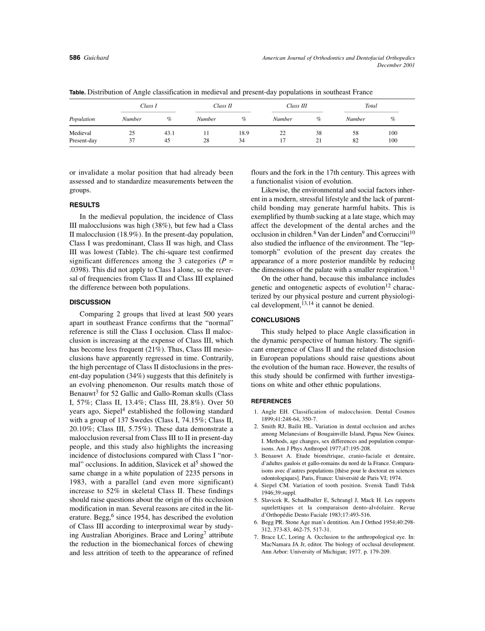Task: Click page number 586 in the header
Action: pyautogui.click(x=75, y=58)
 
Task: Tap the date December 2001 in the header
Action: pyautogui.click(x=396, y=65)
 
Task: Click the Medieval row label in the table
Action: pyautogui.click(x=80, y=133)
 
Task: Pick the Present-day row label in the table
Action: pyautogui.click(x=83, y=140)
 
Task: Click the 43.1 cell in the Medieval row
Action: pyautogui.click(x=169, y=133)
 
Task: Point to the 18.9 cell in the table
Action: pyautogui.click(x=244, y=133)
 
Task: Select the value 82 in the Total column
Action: pyautogui.click(x=355, y=140)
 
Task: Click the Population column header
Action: pyautogui.click(x=82, y=119)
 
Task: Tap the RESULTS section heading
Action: pyautogui.click(x=84, y=205)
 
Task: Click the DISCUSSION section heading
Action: pyautogui.click(x=90, y=302)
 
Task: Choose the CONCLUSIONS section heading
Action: pyautogui.click(x=276, y=320)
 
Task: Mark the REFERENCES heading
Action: pyautogui.click(x=271, y=401)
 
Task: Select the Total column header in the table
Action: pyautogui.click(x=371, y=106)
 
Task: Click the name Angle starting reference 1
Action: pyautogui.click(x=269, y=412)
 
